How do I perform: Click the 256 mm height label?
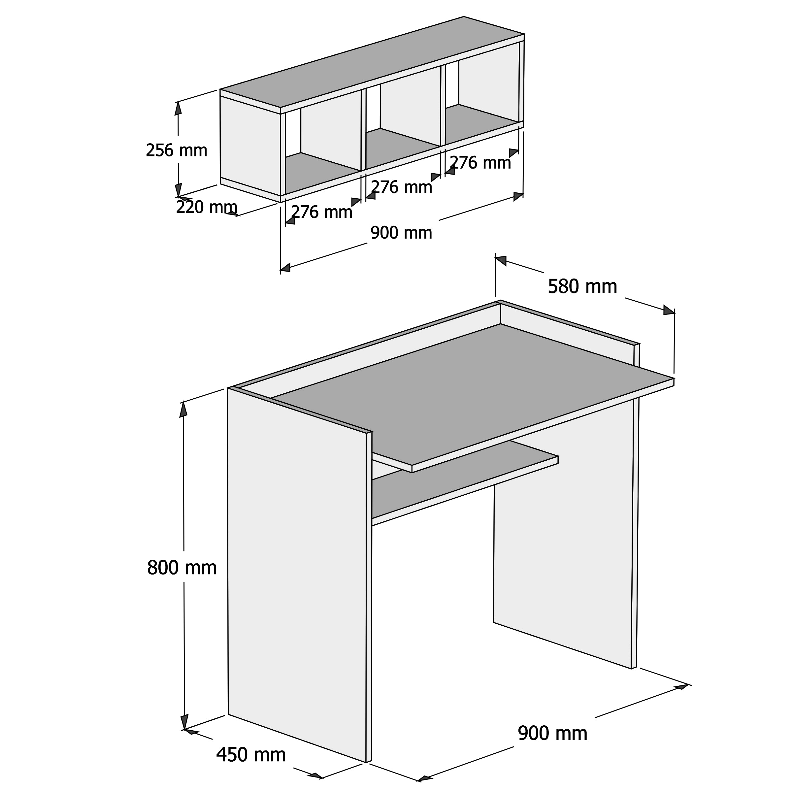point(177,150)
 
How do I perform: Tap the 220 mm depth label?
point(207,208)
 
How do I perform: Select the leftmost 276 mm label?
point(322,212)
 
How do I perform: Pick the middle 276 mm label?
point(401,187)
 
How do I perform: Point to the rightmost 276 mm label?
point(480,163)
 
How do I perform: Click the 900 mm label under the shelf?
point(401,233)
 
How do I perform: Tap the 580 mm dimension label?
point(582,286)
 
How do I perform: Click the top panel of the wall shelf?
point(372,62)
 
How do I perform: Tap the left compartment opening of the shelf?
point(323,142)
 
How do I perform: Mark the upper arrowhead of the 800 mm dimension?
point(183,410)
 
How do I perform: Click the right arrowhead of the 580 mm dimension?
point(669,310)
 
